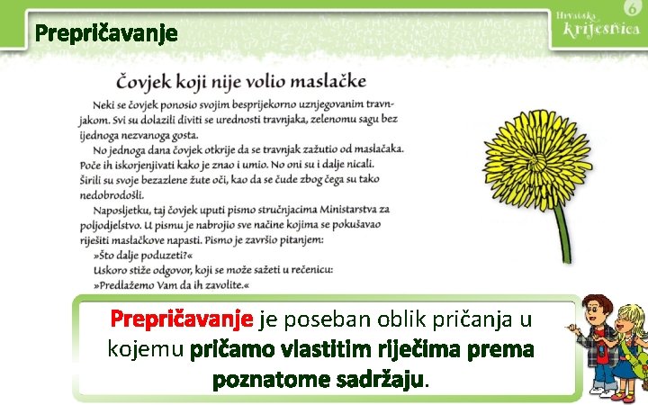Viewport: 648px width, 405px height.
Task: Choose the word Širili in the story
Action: (x=105, y=179)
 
